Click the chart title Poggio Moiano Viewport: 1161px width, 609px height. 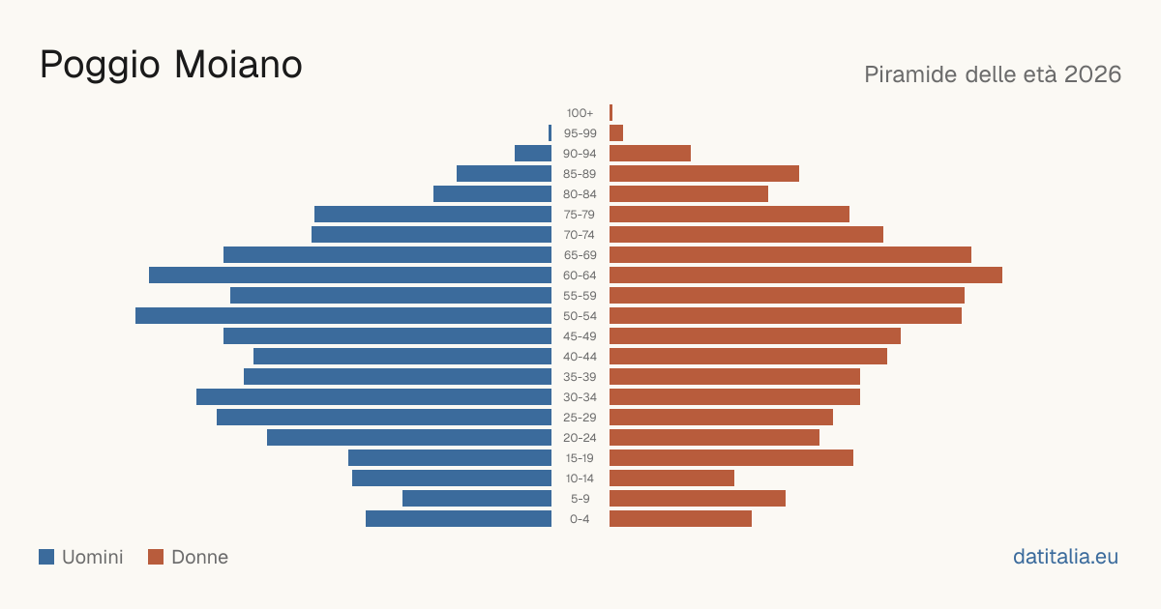[x=170, y=66]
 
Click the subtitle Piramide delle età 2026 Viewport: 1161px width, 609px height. [x=993, y=74]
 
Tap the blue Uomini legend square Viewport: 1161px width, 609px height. [x=46, y=557]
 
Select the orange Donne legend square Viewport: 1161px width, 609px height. [x=156, y=557]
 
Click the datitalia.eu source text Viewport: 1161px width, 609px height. [x=1065, y=557]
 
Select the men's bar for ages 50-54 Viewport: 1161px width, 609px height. [x=343, y=316]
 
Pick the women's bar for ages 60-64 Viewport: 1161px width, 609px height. [x=806, y=275]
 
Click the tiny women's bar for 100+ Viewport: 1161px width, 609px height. [x=611, y=113]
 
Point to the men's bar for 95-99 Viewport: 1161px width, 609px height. [x=550, y=133]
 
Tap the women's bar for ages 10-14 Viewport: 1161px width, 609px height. [x=671, y=478]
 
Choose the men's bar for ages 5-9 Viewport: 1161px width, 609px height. [x=477, y=499]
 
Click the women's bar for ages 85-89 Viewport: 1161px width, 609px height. [x=704, y=173]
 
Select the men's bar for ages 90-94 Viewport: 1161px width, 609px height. [x=533, y=154]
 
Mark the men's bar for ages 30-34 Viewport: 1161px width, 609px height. [x=373, y=397]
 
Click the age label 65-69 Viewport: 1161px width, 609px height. [x=580, y=255]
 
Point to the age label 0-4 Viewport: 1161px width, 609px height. [x=580, y=519]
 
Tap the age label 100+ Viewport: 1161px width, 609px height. [x=580, y=113]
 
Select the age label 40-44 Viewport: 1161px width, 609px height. [x=580, y=357]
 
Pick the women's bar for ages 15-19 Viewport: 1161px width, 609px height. [x=731, y=458]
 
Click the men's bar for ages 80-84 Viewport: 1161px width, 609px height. [x=492, y=194]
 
